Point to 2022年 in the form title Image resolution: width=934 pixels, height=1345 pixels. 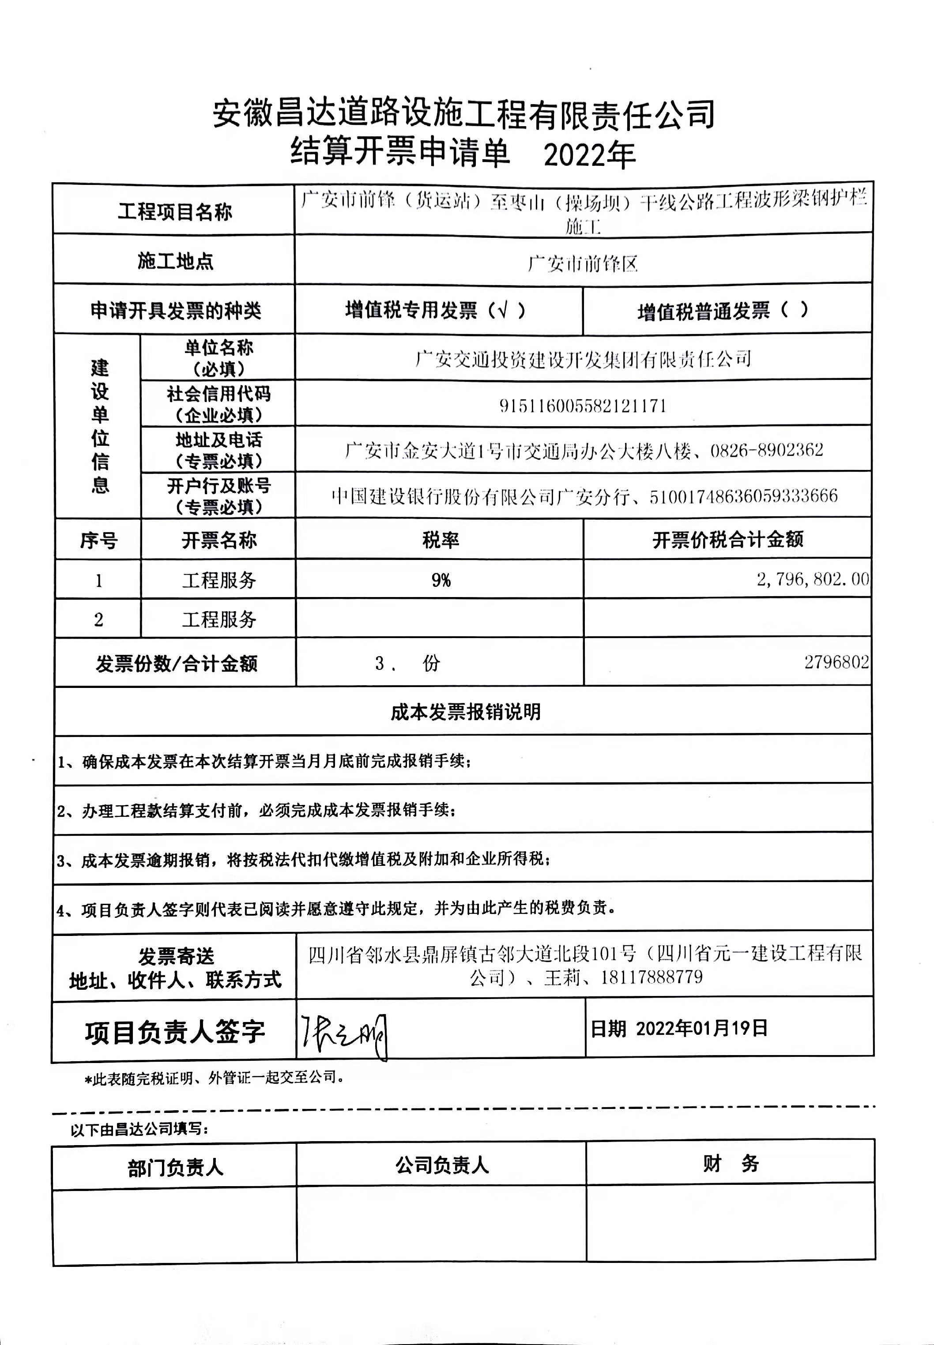click(589, 155)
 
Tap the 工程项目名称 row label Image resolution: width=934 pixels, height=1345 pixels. click(174, 211)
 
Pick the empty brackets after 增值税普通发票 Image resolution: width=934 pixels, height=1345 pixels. click(794, 309)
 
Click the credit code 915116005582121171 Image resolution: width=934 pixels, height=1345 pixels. click(583, 406)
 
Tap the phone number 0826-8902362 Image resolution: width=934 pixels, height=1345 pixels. click(767, 450)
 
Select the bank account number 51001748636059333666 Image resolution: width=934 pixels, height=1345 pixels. click(743, 496)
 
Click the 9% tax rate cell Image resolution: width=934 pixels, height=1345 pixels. click(441, 580)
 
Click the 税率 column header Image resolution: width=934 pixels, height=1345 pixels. click(440, 539)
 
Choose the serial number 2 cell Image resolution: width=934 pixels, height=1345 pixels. click(98, 619)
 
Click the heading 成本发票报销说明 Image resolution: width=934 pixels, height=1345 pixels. click(465, 712)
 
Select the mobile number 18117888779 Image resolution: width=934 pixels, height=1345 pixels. click(652, 977)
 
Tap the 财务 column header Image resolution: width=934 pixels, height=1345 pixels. click(731, 1164)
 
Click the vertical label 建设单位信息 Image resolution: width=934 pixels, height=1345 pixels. click(99, 427)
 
